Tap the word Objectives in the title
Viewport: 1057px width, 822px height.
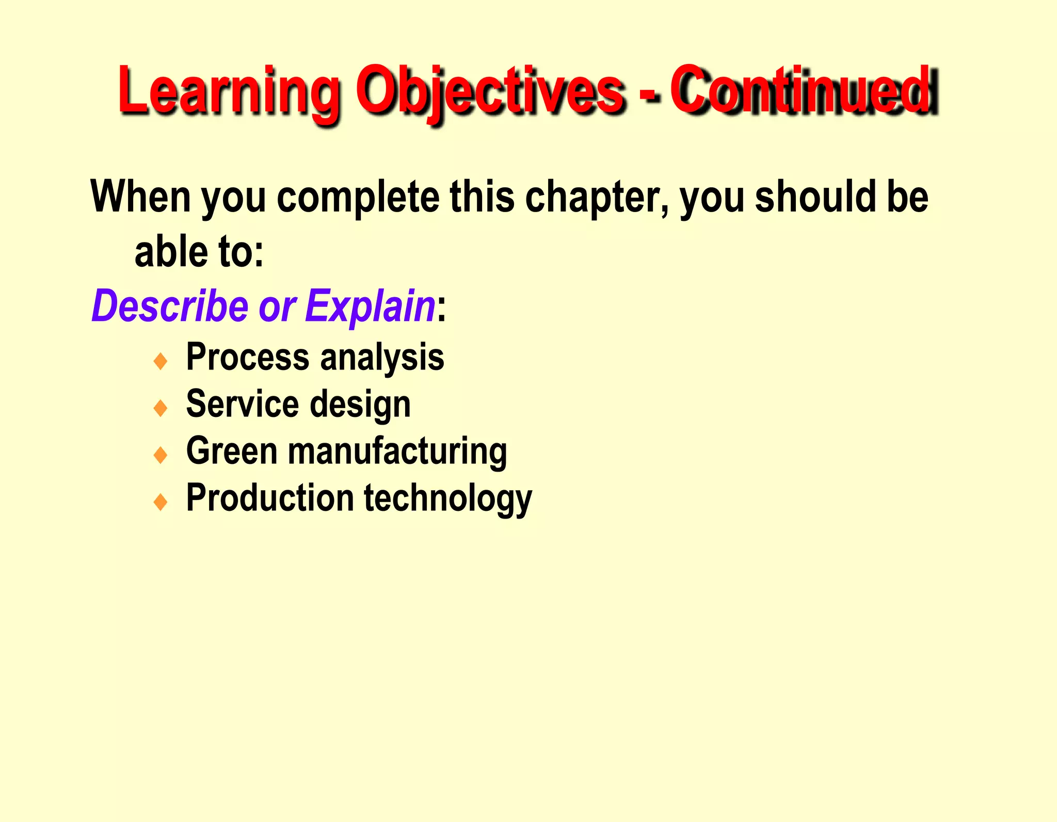(x=490, y=90)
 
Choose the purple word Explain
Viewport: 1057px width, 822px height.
(x=370, y=307)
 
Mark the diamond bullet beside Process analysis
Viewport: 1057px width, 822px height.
(x=161, y=361)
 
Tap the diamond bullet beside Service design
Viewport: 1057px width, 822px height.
(x=161, y=408)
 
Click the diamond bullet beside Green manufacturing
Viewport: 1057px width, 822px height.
(x=161, y=455)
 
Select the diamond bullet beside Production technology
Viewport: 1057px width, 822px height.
(x=161, y=502)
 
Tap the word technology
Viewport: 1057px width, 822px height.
(x=448, y=498)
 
